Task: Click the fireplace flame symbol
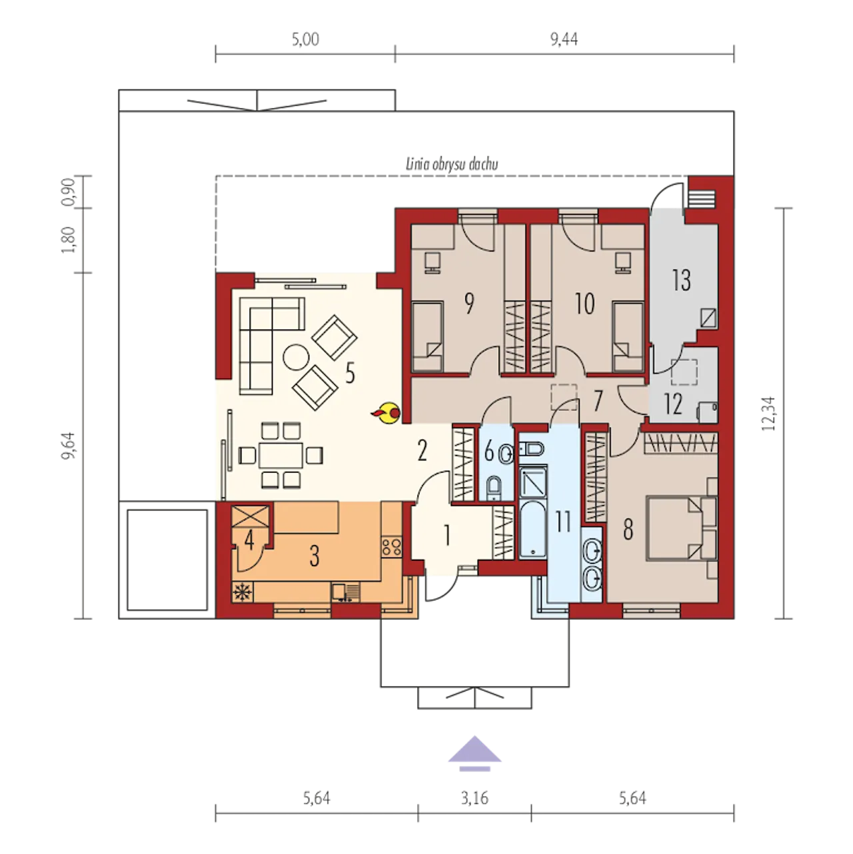[387, 412]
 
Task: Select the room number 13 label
[681, 280]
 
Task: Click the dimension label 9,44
[564, 39]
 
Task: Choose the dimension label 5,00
[305, 39]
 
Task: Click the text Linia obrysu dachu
[452, 165]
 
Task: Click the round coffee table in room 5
[296, 358]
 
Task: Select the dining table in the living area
[281, 455]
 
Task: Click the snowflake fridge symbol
[242, 592]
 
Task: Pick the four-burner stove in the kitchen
[391, 546]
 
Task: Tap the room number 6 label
[489, 452]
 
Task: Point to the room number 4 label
[249, 541]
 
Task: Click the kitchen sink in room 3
[347, 592]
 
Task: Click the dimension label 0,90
[67, 193]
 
